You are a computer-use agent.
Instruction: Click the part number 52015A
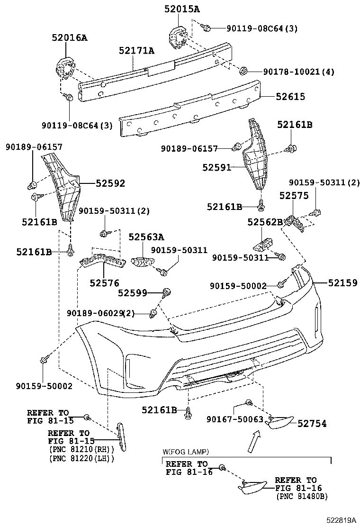click(182, 9)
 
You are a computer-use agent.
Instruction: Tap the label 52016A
click(70, 38)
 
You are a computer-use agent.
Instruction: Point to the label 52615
click(290, 97)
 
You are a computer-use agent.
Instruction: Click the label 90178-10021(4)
click(298, 72)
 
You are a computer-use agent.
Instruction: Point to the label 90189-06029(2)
click(100, 313)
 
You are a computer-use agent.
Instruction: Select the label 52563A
click(146, 237)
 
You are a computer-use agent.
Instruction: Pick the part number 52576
click(104, 283)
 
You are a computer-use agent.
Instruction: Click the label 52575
click(294, 195)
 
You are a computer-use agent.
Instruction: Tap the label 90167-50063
click(234, 419)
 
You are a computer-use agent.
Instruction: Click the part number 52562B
click(265, 222)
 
